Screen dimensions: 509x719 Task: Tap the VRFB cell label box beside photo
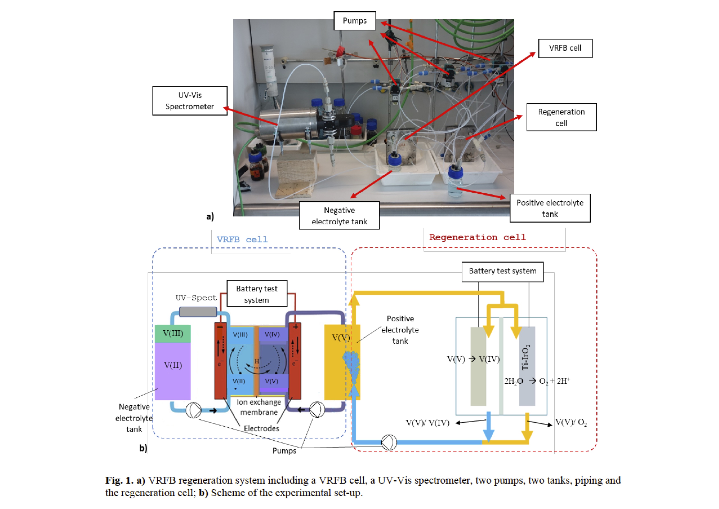pyautogui.click(x=565, y=48)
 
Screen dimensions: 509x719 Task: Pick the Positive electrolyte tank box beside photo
pyautogui.click(x=550, y=208)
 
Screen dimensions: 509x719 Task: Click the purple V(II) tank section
pyautogui.click(x=173, y=370)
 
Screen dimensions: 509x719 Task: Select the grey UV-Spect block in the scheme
pyautogui.click(x=198, y=312)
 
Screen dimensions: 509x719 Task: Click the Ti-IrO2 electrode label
pyautogui.click(x=526, y=357)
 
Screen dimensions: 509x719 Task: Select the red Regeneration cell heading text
pyautogui.click(x=477, y=237)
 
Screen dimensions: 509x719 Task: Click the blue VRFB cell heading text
pyautogui.click(x=242, y=240)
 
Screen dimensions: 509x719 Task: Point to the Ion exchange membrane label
pyautogui.click(x=259, y=407)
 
